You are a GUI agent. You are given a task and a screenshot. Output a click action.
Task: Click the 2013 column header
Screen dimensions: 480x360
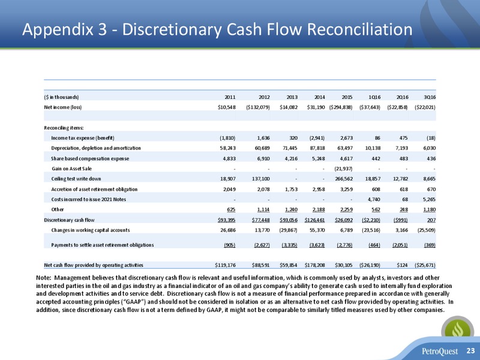[292, 97]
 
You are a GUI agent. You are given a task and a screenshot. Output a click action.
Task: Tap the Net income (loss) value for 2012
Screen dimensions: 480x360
[258, 107]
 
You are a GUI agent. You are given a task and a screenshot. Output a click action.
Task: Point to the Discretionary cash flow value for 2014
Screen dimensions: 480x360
[314, 220]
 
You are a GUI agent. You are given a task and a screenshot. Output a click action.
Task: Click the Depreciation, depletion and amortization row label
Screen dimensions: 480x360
[96, 148]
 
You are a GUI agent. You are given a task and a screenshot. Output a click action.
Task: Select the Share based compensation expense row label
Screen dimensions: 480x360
[91, 158]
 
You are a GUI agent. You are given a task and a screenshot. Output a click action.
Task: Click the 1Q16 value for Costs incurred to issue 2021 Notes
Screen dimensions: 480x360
[374, 199]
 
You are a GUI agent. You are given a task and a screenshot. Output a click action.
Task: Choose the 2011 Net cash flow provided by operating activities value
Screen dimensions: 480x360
[225, 265]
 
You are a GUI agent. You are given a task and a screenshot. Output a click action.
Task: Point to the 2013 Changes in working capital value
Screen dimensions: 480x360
[289, 230]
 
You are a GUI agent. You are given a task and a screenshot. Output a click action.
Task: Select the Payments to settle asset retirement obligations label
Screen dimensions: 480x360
[103, 245]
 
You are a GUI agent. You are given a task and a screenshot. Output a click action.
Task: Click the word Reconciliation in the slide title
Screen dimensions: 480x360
[359, 29]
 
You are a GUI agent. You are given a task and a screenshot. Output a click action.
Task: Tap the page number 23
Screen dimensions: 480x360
[470, 351]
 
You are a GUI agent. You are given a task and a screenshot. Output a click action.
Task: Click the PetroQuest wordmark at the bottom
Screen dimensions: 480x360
[440, 351]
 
